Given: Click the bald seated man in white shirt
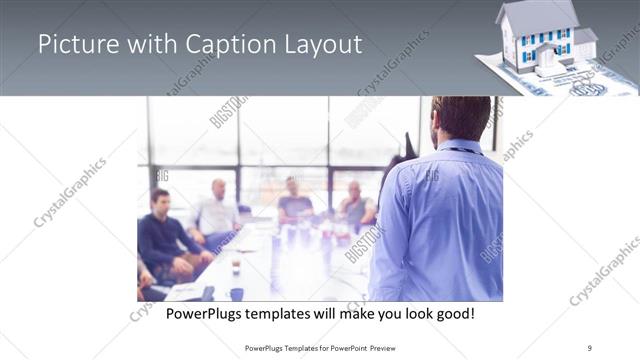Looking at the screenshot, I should click(218, 210).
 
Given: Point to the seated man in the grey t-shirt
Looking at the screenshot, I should click(294, 200).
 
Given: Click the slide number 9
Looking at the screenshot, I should click(590, 348).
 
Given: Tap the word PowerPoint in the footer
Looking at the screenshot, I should click(346, 348).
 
